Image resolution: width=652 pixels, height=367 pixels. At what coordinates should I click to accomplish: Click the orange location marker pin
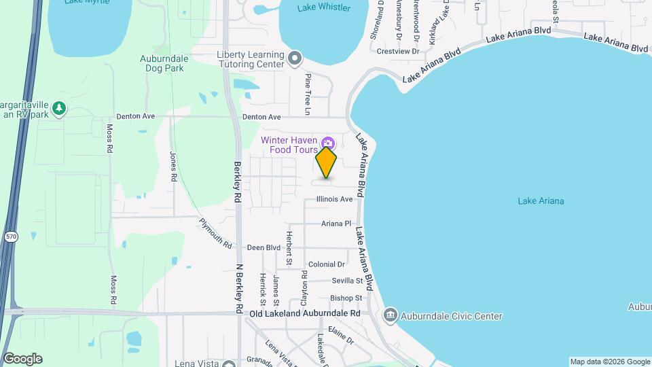click(x=327, y=162)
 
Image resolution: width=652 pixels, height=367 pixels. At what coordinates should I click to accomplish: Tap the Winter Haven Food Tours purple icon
click(x=329, y=143)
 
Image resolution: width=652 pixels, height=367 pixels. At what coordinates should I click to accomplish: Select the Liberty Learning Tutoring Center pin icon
click(x=294, y=58)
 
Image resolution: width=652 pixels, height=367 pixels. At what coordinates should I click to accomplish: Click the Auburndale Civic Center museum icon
click(x=391, y=316)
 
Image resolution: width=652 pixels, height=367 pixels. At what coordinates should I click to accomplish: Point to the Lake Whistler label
click(x=324, y=7)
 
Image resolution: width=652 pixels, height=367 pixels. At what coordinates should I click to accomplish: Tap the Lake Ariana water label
click(x=541, y=200)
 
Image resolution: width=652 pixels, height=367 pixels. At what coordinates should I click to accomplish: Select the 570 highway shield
click(x=10, y=237)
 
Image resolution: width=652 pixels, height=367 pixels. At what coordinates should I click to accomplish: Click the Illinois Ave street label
click(x=334, y=199)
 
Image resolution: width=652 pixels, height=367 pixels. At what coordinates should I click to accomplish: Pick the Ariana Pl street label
click(x=336, y=223)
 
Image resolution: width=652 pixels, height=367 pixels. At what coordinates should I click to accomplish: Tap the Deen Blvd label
click(x=264, y=247)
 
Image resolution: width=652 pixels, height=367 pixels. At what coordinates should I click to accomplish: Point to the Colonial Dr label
click(x=326, y=264)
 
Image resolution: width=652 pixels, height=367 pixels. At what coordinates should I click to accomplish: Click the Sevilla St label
click(x=348, y=281)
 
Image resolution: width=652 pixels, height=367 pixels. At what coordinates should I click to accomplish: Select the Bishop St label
click(x=346, y=298)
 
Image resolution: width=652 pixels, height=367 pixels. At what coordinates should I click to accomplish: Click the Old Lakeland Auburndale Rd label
click(x=304, y=314)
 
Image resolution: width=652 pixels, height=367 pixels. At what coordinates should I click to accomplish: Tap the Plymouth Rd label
click(x=216, y=232)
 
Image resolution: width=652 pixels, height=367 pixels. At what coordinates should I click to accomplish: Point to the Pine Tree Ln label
click(x=308, y=94)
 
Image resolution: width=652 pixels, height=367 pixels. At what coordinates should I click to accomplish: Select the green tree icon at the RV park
click(x=60, y=108)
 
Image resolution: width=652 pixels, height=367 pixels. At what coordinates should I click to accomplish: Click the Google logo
click(x=22, y=359)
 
